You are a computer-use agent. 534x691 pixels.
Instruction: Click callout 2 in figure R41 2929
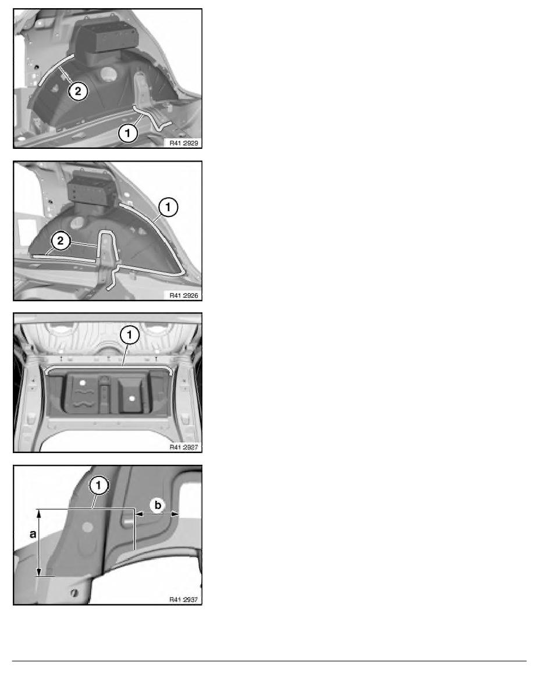pos(78,91)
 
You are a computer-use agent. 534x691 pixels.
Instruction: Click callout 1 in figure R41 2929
pos(128,133)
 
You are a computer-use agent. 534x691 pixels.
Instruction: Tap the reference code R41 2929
pos(184,143)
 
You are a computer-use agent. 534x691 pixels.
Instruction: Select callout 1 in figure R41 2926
pos(168,207)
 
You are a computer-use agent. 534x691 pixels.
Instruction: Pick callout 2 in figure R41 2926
pos(60,241)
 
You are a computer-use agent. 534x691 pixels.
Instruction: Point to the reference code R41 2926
pos(184,295)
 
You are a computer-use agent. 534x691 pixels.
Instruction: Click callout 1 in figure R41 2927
pos(130,335)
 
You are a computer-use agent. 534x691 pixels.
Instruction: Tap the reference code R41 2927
pos(184,447)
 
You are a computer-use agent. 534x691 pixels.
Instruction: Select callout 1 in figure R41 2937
pos(99,486)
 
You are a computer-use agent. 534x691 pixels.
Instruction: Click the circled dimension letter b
pos(158,505)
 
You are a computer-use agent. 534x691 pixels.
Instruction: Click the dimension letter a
pos(33,534)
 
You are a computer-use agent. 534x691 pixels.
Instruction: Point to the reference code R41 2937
pos(184,599)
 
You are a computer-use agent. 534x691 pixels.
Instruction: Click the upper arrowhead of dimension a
pos(39,512)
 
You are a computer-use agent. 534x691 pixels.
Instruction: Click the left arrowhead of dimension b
pos(140,514)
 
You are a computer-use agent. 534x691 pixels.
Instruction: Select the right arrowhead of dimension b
pos(175,514)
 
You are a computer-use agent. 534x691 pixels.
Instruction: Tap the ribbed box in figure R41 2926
pos(92,187)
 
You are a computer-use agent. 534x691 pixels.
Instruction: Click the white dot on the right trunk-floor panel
pos(131,398)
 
